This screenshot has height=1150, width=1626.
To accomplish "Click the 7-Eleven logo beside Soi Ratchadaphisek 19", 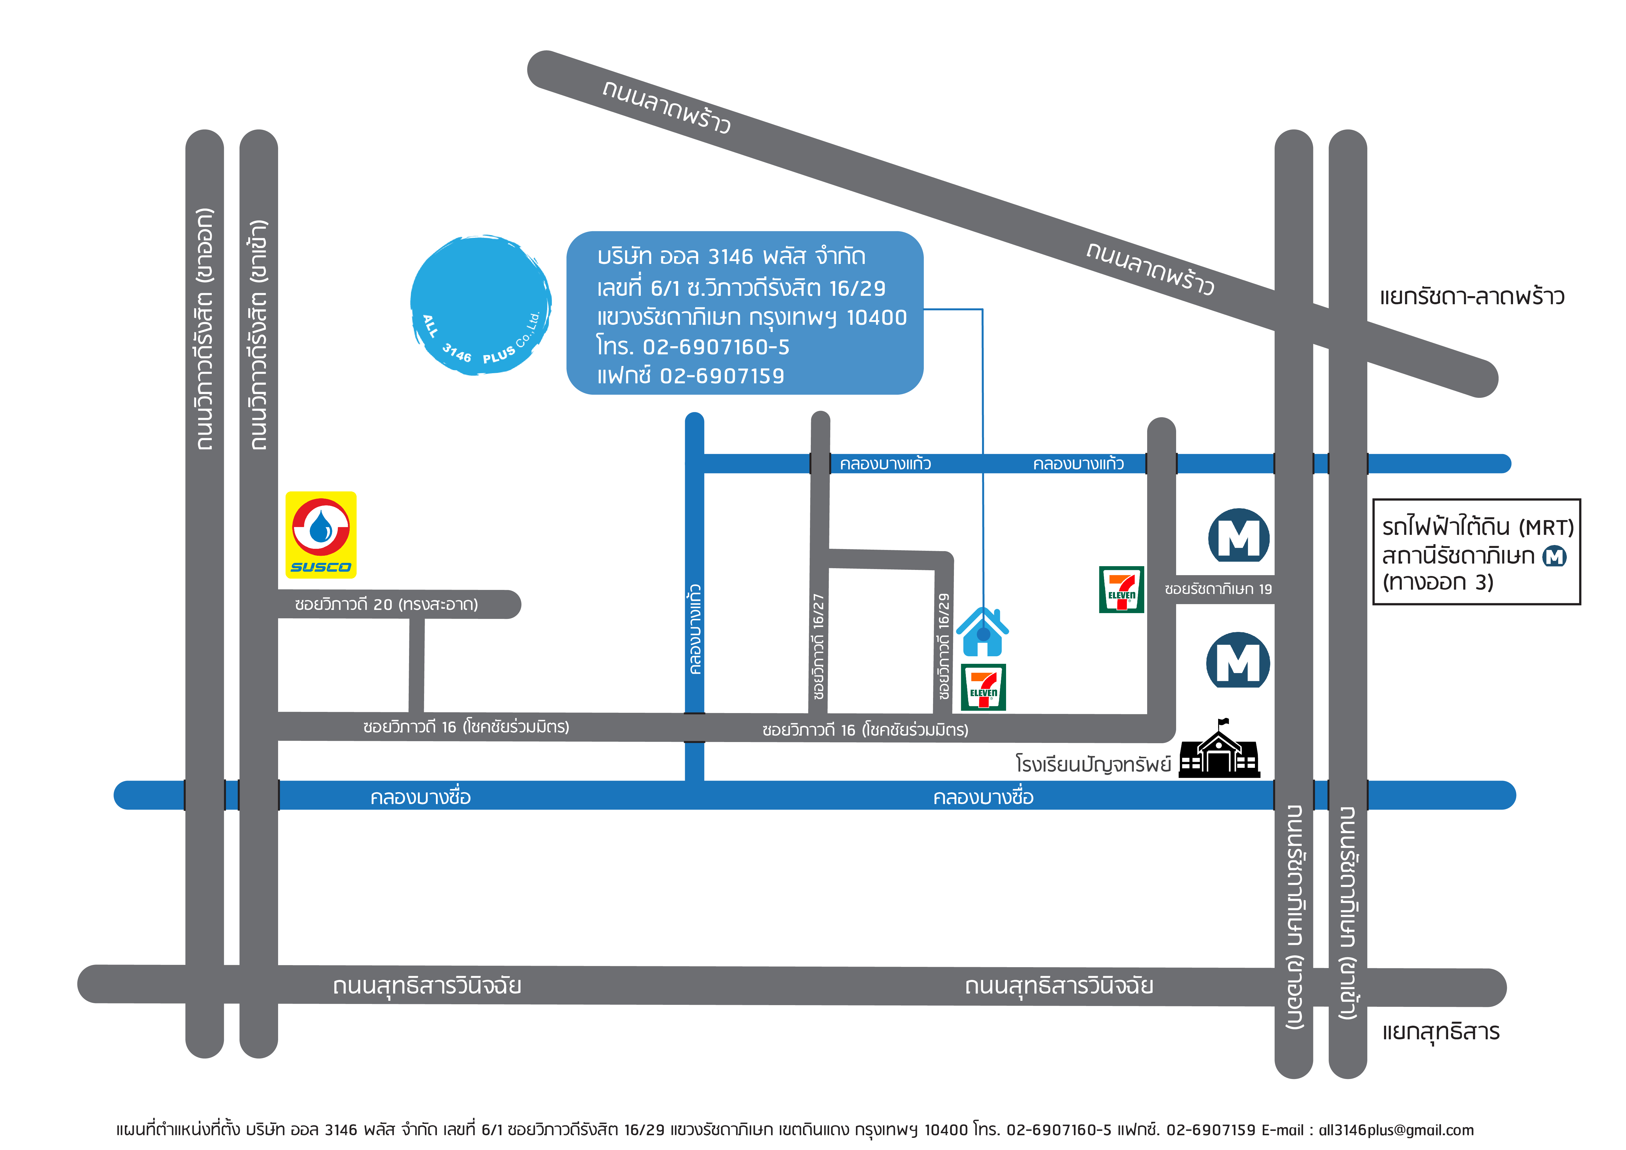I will pyautogui.click(x=1121, y=589).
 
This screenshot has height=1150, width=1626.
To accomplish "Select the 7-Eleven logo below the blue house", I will pyautogui.click(x=983, y=687).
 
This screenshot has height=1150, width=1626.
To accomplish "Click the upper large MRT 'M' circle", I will pyautogui.click(x=1239, y=536).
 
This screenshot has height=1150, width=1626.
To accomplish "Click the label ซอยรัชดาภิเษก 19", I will pyautogui.click(x=1218, y=589).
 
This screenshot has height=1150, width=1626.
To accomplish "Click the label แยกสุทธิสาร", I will pyautogui.click(x=1440, y=1032).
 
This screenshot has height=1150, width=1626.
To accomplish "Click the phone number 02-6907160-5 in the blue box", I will pyautogui.click(x=715, y=347).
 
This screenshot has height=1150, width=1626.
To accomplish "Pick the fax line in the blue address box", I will pyautogui.click(x=691, y=376).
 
